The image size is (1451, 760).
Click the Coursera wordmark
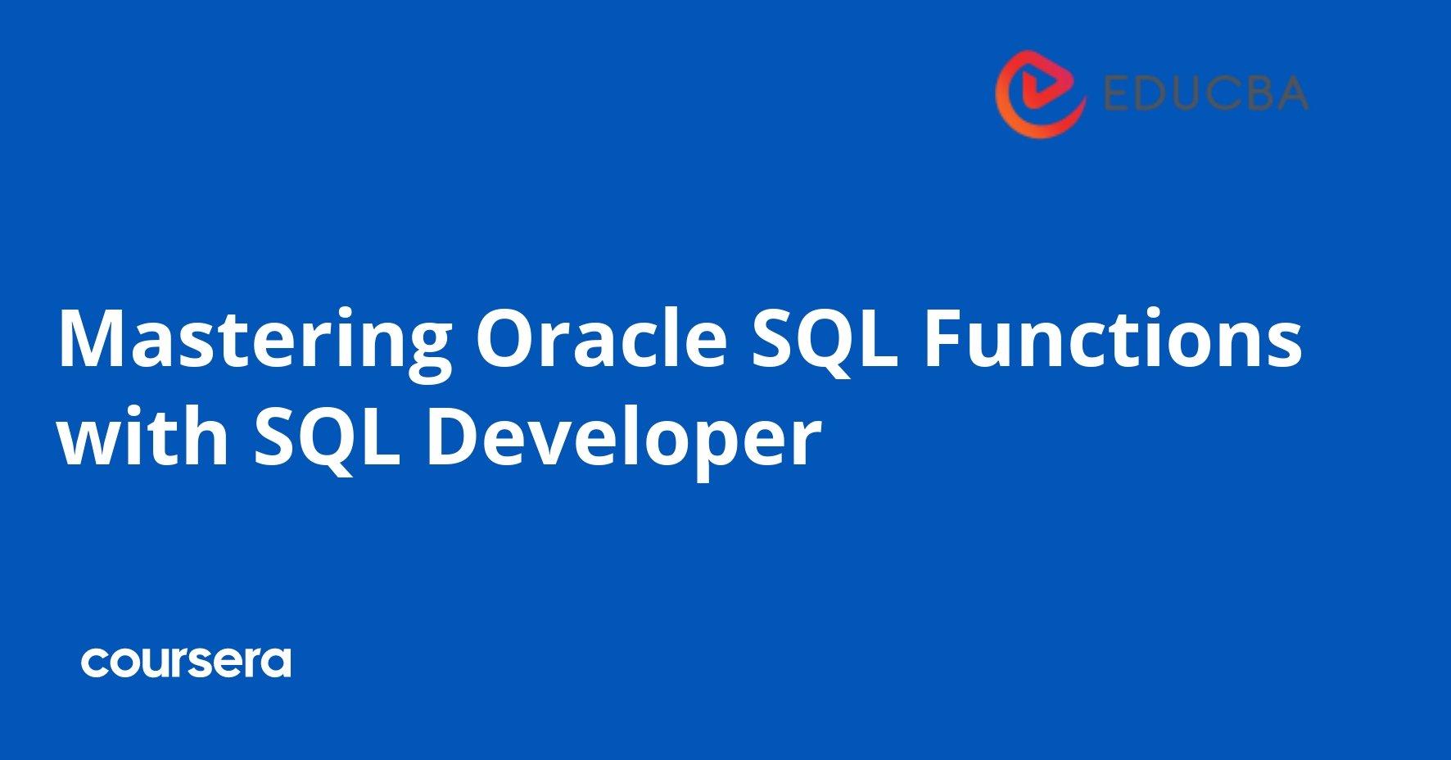point(186,663)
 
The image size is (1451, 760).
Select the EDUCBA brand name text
point(1205,93)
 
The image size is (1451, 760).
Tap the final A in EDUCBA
point(1291,93)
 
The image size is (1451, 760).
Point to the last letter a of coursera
point(276,663)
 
